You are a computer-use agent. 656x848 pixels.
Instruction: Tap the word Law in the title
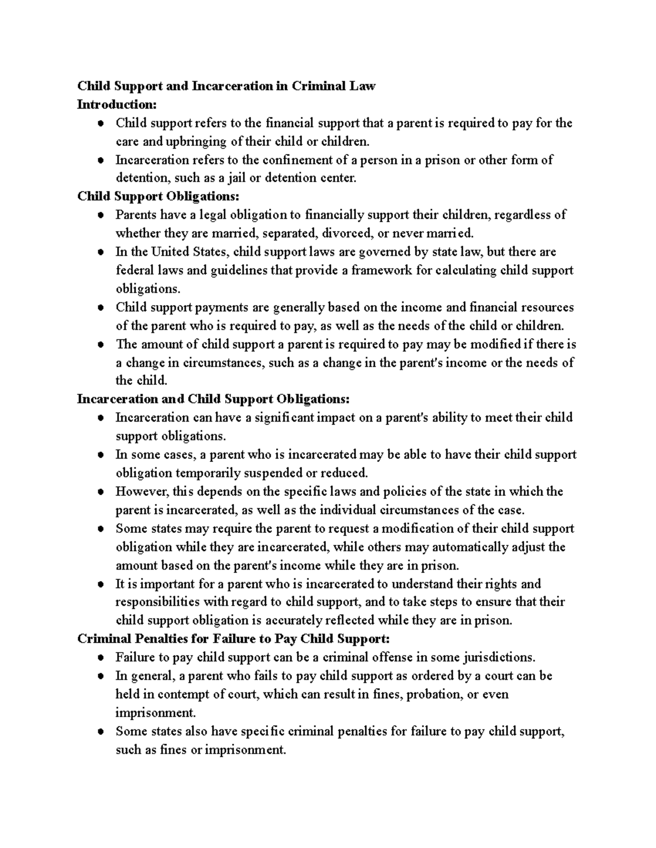(364, 86)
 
